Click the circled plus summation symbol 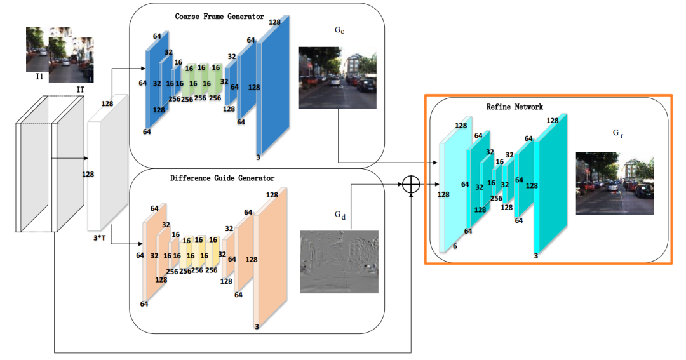412,184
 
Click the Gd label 340,215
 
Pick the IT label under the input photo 81,90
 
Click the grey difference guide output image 339,262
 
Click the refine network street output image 614,183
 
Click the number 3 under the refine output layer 536,255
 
